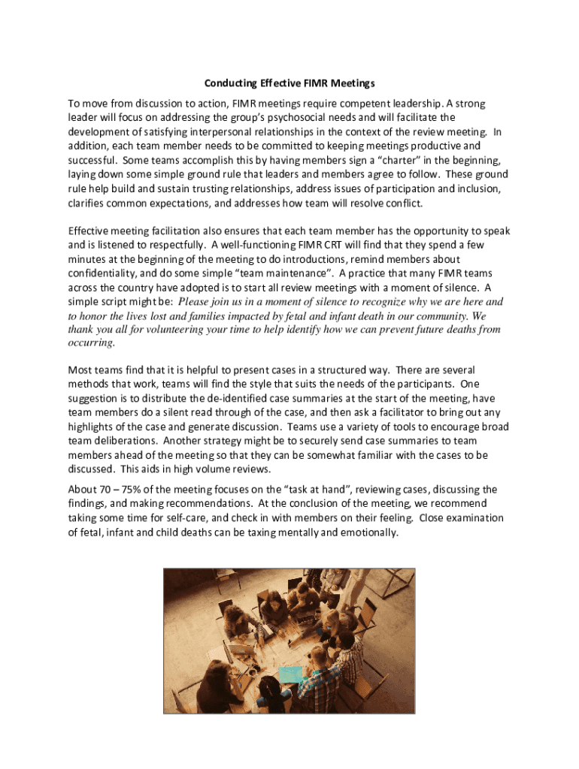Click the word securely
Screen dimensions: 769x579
(x=292, y=441)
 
